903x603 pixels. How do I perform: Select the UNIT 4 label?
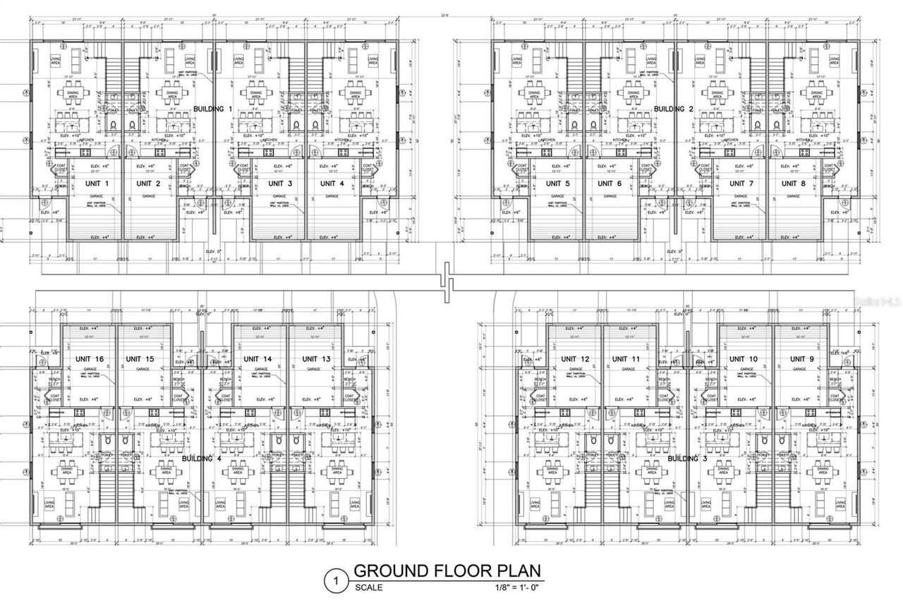tap(332, 183)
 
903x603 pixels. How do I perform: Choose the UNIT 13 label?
tap(316, 360)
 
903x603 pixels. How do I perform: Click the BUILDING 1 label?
tap(213, 109)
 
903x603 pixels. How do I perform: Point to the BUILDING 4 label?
tap(202, 459)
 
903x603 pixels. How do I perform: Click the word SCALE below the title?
tap(369, 587)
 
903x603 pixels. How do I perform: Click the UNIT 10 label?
tap(744, 360)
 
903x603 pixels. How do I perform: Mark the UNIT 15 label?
tap(140, 360)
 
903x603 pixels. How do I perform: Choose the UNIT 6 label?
tap(610, 183)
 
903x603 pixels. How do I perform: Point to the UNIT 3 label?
tap(280, 183)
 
